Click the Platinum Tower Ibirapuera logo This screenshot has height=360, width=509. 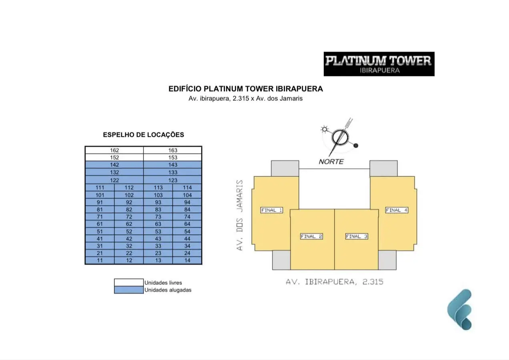(379, 64)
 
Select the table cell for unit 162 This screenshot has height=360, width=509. (114, 150)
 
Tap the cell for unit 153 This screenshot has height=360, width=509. (172, 158)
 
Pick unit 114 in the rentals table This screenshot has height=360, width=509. (187, 188)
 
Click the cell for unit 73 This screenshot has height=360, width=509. (158, 217)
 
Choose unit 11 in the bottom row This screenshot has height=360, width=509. (100, 260)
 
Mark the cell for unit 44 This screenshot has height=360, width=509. (187, 239)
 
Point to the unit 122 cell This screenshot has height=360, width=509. (114, 180)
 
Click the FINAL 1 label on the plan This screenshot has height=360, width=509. (272, 210)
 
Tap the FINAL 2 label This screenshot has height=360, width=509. (311, 236)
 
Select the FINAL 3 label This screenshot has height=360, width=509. (357, 236)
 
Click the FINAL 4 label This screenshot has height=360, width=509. (397, 210)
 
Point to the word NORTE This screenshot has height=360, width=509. (331, 162)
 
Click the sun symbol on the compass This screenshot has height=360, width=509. (325, 129)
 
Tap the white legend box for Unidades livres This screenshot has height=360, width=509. (128, 282)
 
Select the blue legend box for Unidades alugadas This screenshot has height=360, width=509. (128, 290)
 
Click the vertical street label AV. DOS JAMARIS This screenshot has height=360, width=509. (240, 215)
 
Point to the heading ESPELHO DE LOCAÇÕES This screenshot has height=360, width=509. (143, 135)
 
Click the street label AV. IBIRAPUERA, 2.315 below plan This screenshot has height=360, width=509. (334, 282)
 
